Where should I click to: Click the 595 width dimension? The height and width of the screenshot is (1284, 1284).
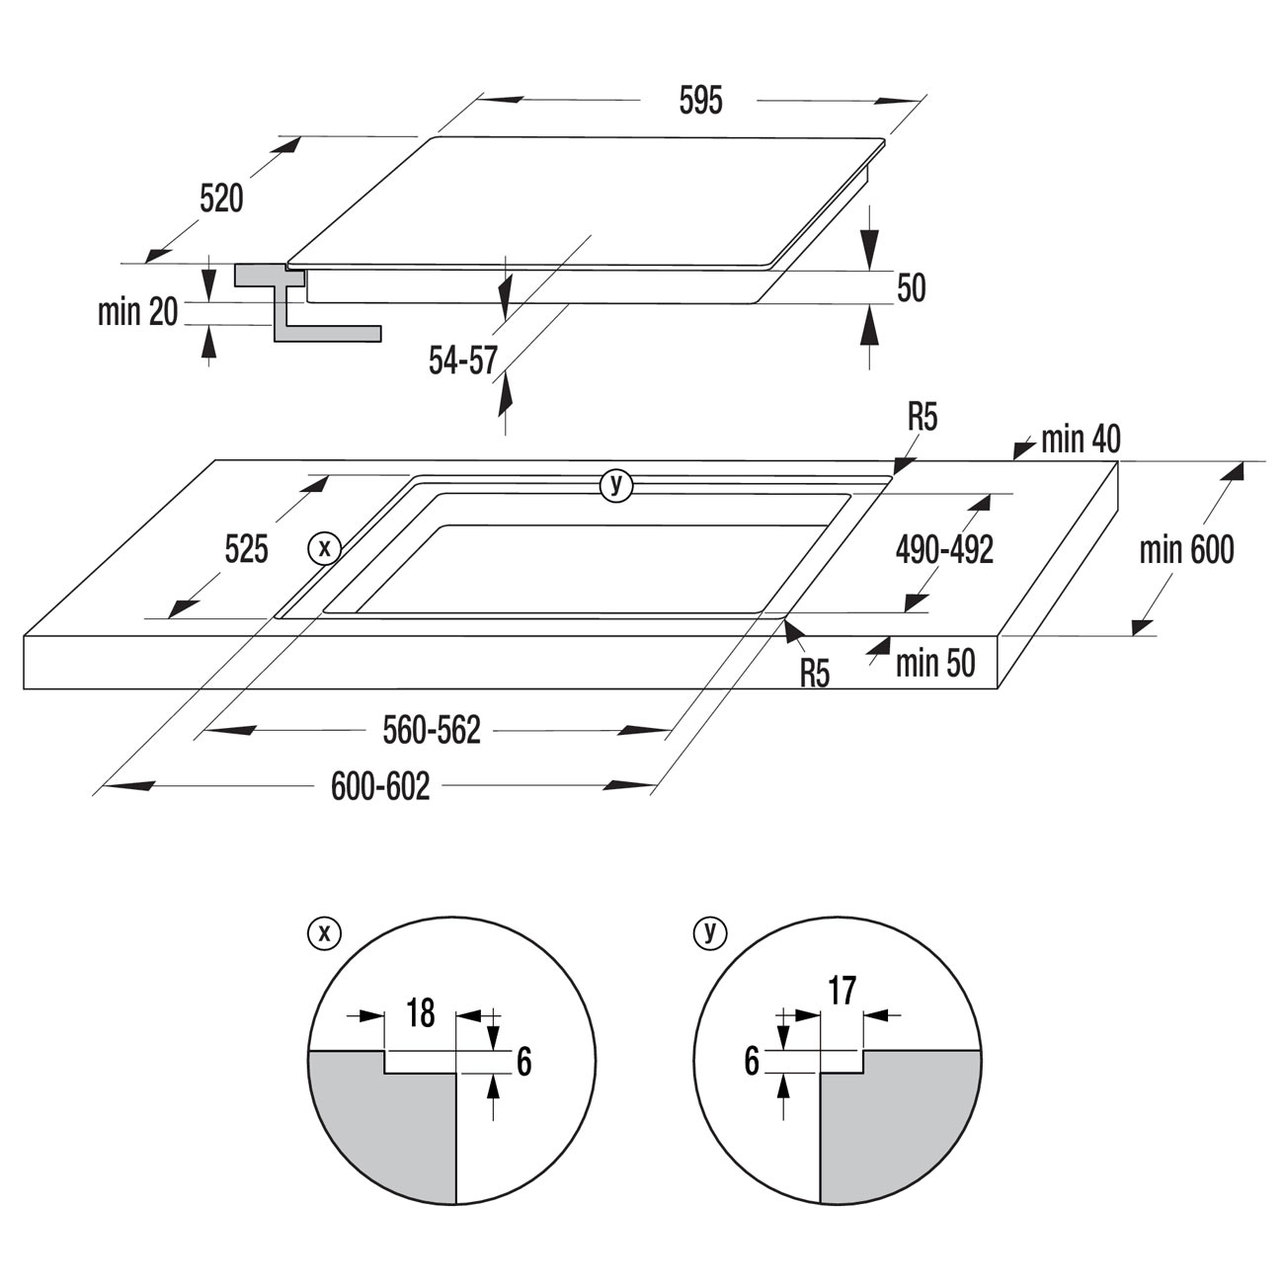pyautogui.click(x=700, y=102)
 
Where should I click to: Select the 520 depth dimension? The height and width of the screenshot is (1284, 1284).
pyautogui.click(x=222, y=199)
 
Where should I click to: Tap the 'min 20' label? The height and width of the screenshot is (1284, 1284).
pyautogui.click(x=138, y=312)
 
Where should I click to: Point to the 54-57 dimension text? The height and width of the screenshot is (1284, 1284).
pyautogui.click(x=463, y=361)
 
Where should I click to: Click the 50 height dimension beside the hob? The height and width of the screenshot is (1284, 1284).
pyautogui.click(x=912, y=288)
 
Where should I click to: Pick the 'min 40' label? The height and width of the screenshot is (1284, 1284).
pyautogui.click(x=1081, y=440)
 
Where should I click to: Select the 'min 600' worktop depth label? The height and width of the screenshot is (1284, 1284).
pyautogui.click(x=1187, y=550)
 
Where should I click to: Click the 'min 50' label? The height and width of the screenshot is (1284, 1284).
pyautogui.click(x=935, y=663)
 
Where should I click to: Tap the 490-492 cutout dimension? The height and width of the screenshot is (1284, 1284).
pyautogui.click(x=944, y=550)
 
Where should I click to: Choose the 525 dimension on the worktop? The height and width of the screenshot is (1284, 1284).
pyautogui.click(x=247, y=550)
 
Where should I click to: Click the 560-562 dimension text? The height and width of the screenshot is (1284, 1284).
pyautogui.click(x=432, y=730)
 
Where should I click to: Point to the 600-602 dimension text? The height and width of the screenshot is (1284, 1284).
pyautogui.click(x=380, y=786)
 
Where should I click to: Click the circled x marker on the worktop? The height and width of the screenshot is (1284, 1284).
pyautogui.click(x=325, y=549)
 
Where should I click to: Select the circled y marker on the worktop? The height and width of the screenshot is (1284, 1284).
pyautogui.click(x=616, y=486)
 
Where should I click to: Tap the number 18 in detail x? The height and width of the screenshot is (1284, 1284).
pyautogui.click(x=421, y=1012)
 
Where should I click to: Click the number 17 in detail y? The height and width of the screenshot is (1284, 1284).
pyautogui.click(x=843, y=991)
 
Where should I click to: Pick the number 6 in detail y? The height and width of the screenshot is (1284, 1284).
pyautogui.click(x=752, y=1062)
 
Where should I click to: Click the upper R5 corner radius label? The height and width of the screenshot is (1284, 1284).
pyautogui.click(x=923, y=418)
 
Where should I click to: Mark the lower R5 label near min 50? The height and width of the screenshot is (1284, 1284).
pyautogui.click(x=815, y=674)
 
